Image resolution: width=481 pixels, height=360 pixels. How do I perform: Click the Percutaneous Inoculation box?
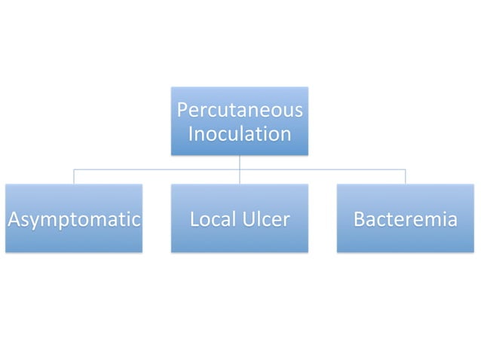pyautogui.click(x=239, y=121)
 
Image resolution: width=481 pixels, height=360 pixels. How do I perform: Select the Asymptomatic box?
pyautogui.click(x=73, y=218)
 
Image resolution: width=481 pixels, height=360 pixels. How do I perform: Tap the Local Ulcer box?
pyautogui.click(x=239, y=218)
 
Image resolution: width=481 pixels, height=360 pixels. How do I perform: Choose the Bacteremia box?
pyautogui.click(x=405, y=218)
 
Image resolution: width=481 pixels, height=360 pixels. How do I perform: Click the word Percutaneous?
pyautogui.click(x=239, y=111)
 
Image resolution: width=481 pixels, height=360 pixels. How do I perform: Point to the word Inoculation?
pyautogui.click(x=239, y=135)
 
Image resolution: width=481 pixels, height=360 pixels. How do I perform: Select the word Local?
pyautogui.click(x=210, y=220)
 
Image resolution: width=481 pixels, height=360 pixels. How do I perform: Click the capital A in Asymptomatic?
pyautogui.click(x=12, y=220)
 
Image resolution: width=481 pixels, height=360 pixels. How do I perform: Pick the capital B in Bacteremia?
pyautogui.click(x=360, y=220)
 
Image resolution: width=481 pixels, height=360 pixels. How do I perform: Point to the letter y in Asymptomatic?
pyautogui.click(x=33, y=222)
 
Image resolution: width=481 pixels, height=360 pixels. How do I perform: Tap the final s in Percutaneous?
pyautogui.click(x=299, y=111)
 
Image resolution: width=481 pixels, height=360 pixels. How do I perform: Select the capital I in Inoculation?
pyautogui.click(x=190, y=135)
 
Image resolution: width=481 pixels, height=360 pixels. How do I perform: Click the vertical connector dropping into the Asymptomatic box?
pyautogui.click(x=73, y=177)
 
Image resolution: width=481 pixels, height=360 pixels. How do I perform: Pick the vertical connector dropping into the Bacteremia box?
pyautogui.click(x=405, y=177)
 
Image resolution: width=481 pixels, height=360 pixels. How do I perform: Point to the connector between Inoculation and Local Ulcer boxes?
pyautogui.click(x=239, y=169)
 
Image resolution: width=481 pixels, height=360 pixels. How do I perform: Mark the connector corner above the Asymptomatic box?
pyautogui.click(x=73, y=170)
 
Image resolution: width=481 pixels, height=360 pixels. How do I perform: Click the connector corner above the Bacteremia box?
pyautogui.click(x=405, y=170)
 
